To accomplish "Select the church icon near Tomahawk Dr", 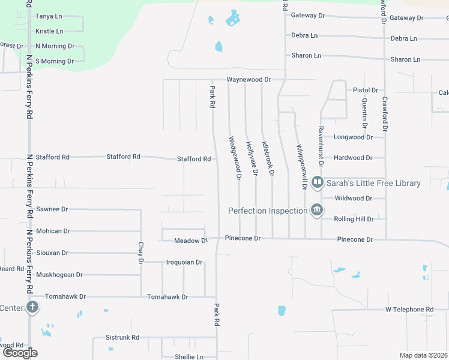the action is click(x=32, y=308).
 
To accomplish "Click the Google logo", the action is click(x=20, y=353).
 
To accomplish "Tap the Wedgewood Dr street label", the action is click(x=234, y=158).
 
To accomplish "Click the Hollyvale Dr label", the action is click(x=252, y=158).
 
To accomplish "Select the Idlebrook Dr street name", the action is click(x=268, y=158).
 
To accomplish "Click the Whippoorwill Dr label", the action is click(x=301, y=166).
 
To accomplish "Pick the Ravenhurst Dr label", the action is click(x=321, y=146).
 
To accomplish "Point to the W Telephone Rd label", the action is click(x=409, y=310).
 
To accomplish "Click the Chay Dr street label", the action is click(x=141, y=253).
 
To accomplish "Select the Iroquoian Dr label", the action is click(x=184, y=262).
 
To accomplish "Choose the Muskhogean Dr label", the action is click(x=59, y=275).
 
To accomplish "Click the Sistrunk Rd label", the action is click(x=122, y=337).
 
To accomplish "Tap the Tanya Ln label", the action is click(x=49, y=17).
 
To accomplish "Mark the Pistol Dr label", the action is click(x=366, y=90).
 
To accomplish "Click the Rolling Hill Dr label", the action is click(x=354, y=219).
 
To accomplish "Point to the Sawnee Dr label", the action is click(x=52, y=209).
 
